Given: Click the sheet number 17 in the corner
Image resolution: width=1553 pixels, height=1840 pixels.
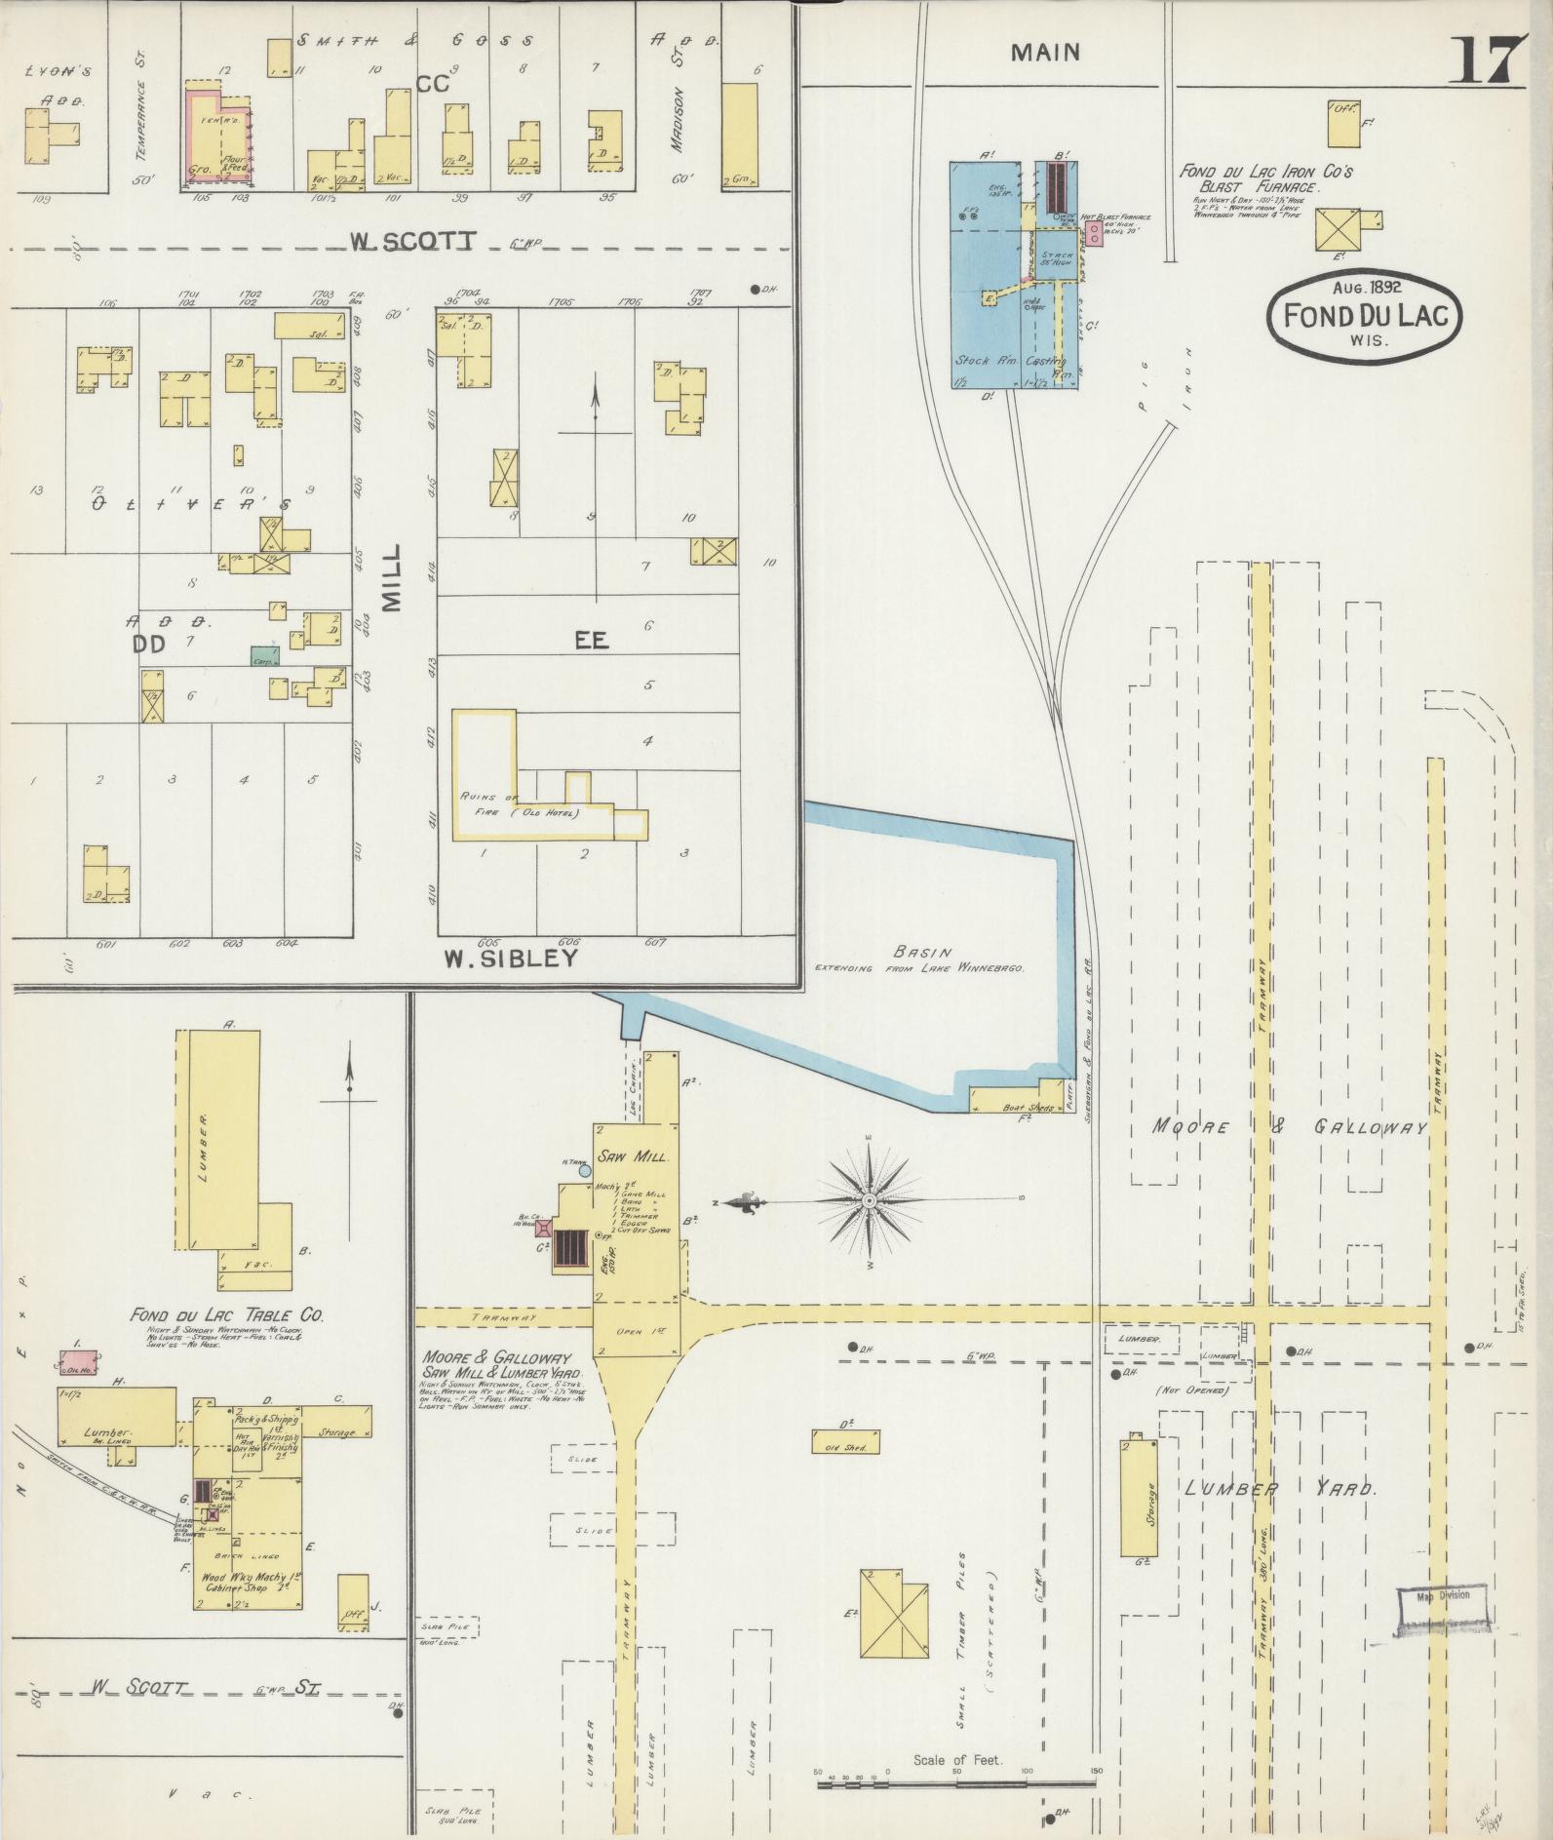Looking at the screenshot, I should point(1490,60).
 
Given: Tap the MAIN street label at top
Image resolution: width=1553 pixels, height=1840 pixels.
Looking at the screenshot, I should point(1045,53).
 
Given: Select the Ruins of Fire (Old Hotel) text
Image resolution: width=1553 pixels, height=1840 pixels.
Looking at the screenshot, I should point(520,805).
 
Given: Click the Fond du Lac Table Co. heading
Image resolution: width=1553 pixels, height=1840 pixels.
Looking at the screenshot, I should point(226,1314).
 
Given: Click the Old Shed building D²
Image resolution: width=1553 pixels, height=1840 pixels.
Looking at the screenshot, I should point(846,1442).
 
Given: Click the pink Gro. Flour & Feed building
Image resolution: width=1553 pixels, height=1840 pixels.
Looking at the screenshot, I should point(219,137).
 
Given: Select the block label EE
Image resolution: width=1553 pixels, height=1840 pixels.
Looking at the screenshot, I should point(591,641).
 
